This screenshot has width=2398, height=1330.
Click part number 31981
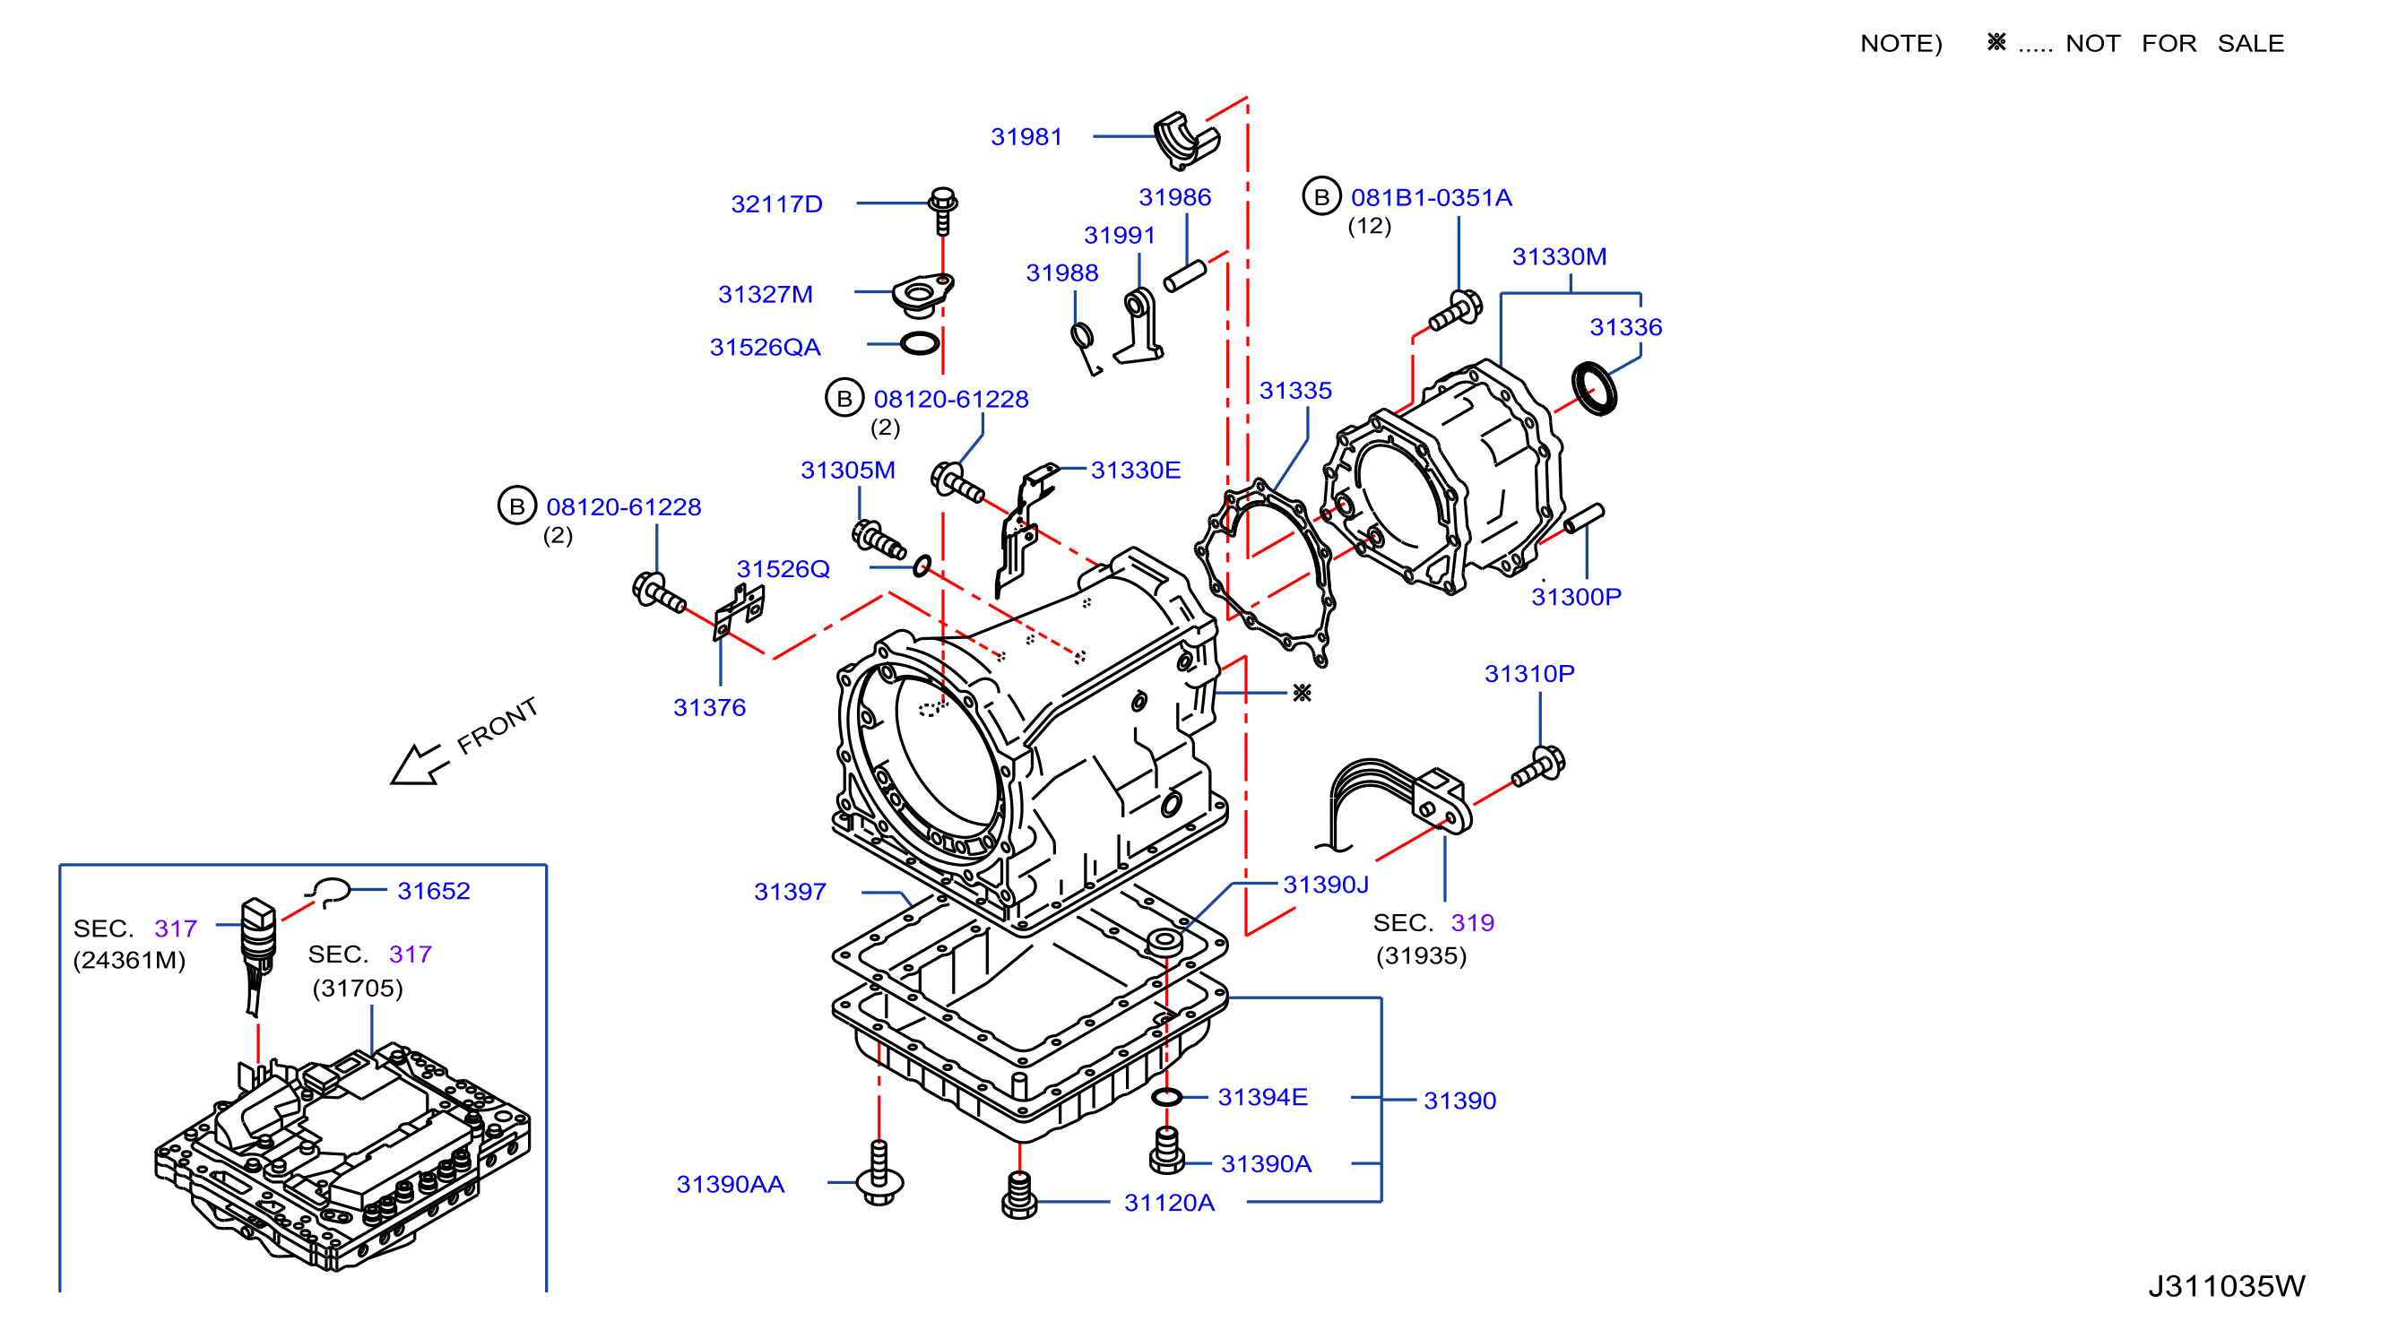1026,137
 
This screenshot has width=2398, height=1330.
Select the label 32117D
776,203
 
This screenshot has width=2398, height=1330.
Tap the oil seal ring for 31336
1594,388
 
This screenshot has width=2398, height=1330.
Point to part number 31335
1294,391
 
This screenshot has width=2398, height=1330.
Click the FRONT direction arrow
419,764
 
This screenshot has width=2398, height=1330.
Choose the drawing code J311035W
2226,1285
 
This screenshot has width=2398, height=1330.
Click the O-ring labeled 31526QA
920,343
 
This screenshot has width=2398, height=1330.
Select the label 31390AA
730,1184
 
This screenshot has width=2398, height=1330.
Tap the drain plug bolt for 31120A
1019,1195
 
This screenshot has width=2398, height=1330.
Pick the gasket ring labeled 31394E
1166,1097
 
